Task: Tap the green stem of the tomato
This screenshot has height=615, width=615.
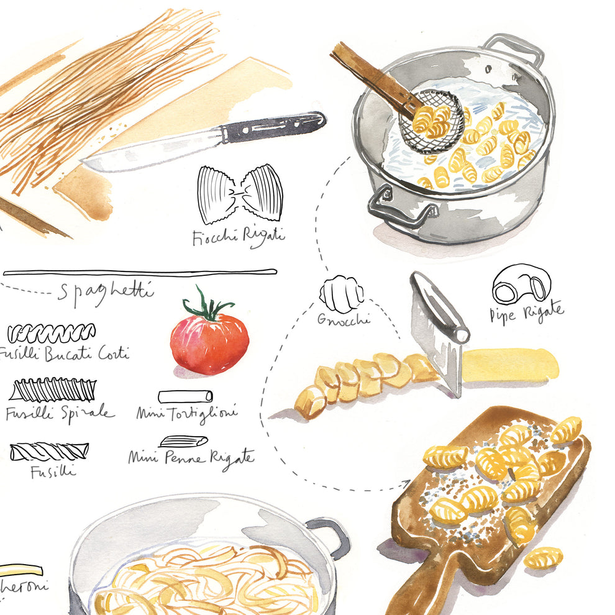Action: (x=207, y=305)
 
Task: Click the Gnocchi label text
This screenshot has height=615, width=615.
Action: (x=344, y=320)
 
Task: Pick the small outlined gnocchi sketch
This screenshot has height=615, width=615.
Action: (x=341, y=294)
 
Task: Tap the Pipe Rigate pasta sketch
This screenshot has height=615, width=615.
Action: (x=522, y=285)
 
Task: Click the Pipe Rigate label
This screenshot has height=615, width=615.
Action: (x=527, y=312)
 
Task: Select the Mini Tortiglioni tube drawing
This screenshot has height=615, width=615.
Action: (x=185, y=396)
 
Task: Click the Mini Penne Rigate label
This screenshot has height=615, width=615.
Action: (x=191, y=458)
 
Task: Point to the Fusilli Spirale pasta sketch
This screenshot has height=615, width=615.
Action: (x=53, y=390)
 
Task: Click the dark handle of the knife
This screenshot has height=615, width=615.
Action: (x=273, y=127)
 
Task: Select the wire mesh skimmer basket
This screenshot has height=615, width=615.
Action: (x=431, y=122)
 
